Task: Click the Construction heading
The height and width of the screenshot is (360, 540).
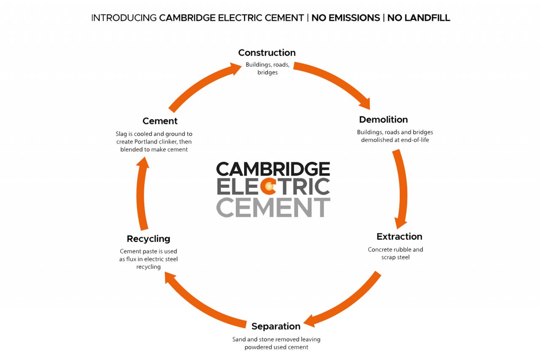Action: [267, 53]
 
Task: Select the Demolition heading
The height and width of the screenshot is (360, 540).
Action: [383, 119]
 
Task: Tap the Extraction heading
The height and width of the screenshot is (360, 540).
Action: [399, 236]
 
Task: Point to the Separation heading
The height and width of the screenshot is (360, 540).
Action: [276, 326]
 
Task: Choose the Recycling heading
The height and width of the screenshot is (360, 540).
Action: [148, 239]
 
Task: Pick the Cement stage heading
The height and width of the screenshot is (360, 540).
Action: [160, 121]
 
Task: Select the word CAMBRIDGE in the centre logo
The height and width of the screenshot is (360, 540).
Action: [273, 169]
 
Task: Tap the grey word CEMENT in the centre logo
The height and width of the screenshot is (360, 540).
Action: [273, 207]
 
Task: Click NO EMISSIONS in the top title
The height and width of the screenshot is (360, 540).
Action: [346, 18]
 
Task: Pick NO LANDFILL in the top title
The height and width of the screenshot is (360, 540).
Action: [418, 18]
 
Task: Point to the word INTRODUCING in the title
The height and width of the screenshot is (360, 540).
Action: [124, 18]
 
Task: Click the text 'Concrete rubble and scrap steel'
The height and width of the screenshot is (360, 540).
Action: [395, 253]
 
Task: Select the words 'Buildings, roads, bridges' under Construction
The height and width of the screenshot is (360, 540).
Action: [267, 69]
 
